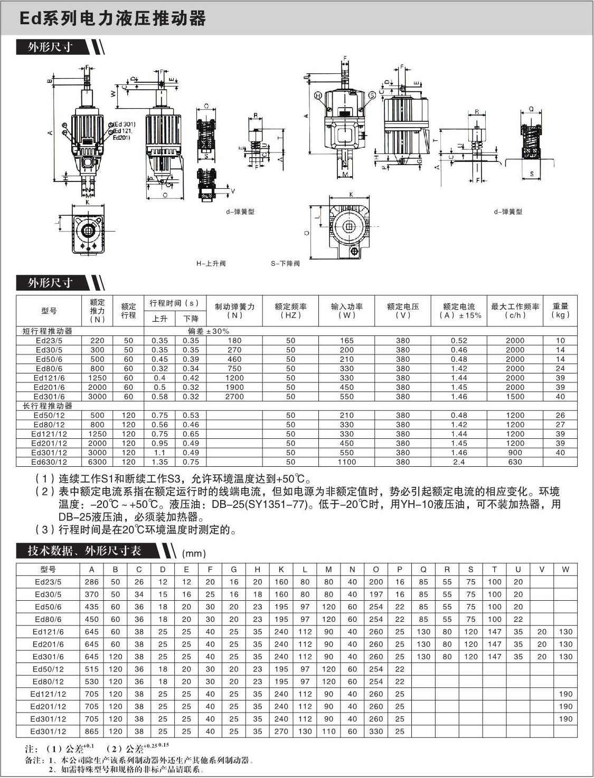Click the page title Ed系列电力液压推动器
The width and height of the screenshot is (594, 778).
coord(112,19)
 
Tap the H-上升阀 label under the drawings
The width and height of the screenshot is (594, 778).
coord(211,263)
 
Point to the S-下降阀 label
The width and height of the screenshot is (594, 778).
coord(285,263)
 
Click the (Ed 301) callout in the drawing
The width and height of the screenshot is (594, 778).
coord(124,124)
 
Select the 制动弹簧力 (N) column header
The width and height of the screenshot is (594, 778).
coord(234,311)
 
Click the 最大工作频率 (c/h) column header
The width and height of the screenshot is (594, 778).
coord(515,311)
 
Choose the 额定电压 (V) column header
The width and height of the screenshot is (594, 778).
coord(403,311)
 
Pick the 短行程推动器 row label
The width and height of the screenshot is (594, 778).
coord(48,331)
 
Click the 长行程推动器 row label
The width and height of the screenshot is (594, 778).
coord(48,406)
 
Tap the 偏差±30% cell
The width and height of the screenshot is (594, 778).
coord(209,331)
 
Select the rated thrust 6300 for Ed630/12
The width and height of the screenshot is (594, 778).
coord(97,462)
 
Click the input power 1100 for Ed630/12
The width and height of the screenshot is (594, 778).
coord(347,462)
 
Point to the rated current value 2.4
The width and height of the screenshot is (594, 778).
coord(459,462)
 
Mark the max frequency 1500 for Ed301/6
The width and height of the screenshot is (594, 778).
coord(515,397)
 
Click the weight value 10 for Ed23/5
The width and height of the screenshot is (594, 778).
coord(560,341)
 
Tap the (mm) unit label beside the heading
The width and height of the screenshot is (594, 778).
coord(194,553)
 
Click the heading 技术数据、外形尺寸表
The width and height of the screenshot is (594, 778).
coord(84,551)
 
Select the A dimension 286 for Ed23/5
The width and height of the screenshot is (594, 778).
coord(92,582)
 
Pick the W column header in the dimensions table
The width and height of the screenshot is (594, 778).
coord(565,570)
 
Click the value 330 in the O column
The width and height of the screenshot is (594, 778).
coord(376,732)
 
